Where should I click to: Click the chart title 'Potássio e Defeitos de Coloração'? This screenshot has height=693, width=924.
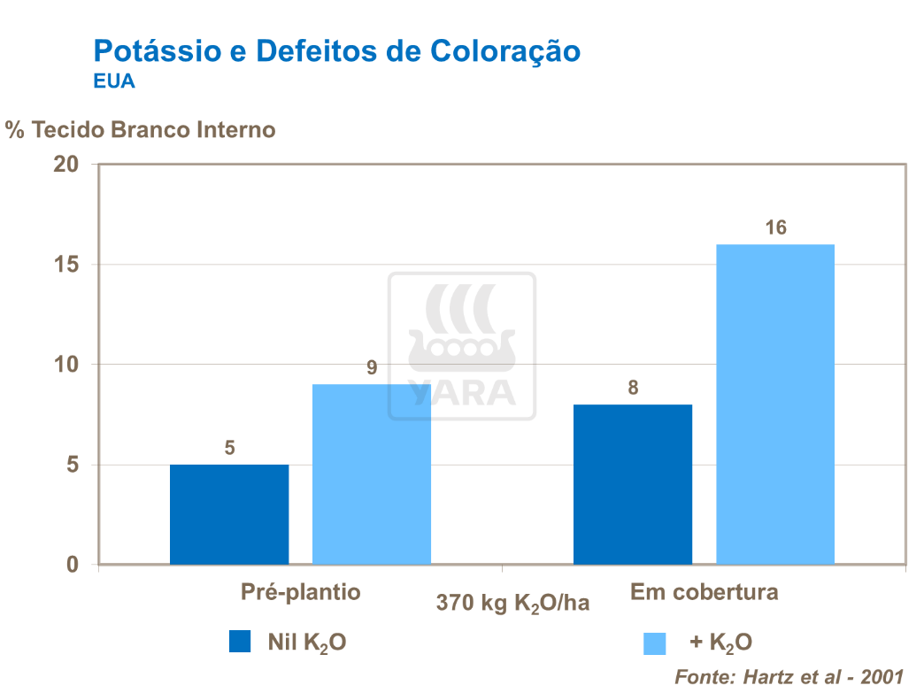(x=337, y=50)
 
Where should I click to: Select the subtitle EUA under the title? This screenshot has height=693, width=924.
(x=113, y=81)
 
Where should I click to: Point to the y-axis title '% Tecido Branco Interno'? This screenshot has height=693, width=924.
(x=141, y=130)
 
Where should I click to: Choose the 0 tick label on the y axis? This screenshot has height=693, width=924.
(x=73, y=566)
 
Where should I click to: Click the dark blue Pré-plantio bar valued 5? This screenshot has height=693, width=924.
(x=229, y=514)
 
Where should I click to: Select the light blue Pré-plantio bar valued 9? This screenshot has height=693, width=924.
(x=372, y=474)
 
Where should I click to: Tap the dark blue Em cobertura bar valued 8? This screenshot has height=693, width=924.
(x=633, y=484)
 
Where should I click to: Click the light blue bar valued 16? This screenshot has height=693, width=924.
(x=775, y=404)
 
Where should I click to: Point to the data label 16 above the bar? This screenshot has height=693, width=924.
(x=775, y=228)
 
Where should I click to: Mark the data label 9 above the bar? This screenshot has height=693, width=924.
(x=373, y=367)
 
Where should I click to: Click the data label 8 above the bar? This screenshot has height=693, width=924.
(x=633, y=388)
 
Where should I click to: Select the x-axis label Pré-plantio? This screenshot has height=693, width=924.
(x=301, y=592)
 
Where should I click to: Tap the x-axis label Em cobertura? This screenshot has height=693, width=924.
(x=705, y=592)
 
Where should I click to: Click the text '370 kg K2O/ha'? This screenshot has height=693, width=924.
(x=512, y=604)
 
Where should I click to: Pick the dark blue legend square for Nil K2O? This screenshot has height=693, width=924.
(x=240, y=642)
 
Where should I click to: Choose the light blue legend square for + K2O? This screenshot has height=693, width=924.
(x=655, y=643)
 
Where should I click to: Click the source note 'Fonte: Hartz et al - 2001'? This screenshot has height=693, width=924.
(x=789, y=677)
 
